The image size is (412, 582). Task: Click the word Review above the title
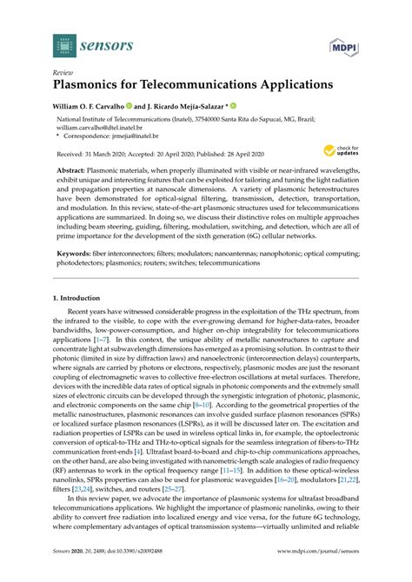[x=63, y=74]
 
